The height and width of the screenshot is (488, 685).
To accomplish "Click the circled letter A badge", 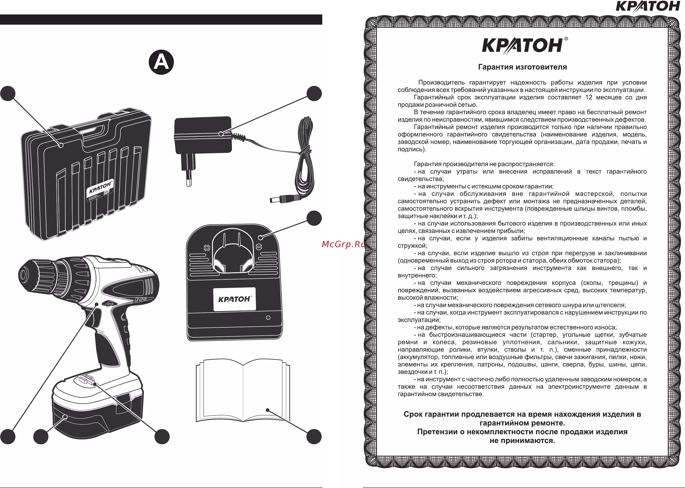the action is pos(161,62).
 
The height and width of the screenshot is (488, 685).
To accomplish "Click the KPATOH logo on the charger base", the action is pos(235,299).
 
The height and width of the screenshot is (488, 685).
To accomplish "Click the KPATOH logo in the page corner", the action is pos(647,6).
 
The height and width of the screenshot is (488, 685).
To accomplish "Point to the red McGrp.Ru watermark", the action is pos(343,244).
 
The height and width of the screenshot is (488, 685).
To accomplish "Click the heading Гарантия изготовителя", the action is pos(522,67).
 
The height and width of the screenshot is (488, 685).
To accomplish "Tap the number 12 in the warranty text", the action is pos(589,97).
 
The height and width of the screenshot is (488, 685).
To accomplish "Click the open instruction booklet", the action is pos(243,391).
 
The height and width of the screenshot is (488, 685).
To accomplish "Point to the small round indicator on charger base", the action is pos(268,318).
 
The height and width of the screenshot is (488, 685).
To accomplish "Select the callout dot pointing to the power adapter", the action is pos(314,94).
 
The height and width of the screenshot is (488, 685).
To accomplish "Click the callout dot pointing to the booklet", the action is pos(314,437).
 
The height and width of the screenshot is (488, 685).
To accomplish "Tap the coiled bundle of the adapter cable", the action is pos(306,156).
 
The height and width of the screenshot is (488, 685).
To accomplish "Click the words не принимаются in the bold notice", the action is pos(522,440).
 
